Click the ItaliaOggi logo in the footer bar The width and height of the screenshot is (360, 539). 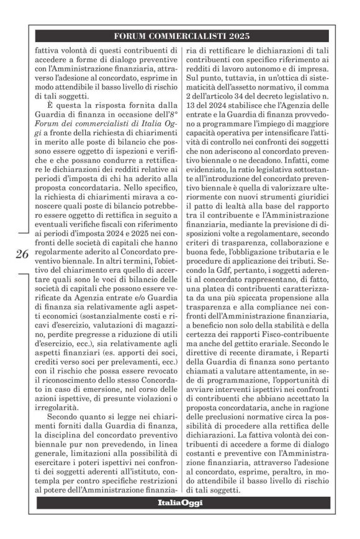(180, 502)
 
